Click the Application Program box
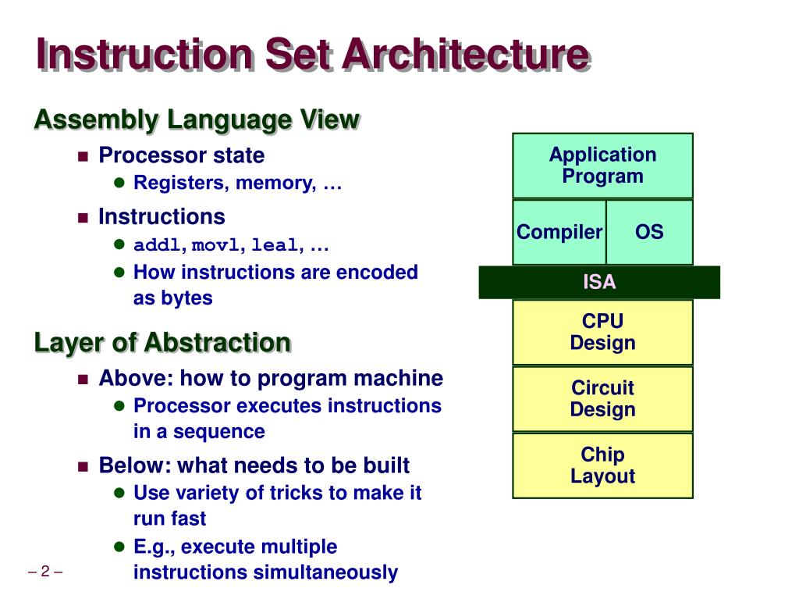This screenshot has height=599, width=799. (602, 166)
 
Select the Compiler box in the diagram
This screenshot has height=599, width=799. (559, 232)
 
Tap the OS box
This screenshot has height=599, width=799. (649, 232)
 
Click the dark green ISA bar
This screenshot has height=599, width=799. (599, 283)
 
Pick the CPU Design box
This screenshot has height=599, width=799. (602, 332)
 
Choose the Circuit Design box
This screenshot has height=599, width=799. (602, 398)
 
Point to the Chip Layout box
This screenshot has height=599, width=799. (602, 465)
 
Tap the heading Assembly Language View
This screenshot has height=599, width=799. (197, 120)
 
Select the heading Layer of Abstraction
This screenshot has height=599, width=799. (162, 343)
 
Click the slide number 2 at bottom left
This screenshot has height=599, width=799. (44, 572)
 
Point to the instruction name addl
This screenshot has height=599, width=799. (157, 246)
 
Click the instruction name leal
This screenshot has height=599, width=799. (275, 246)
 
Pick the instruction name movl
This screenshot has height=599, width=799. (215, 246)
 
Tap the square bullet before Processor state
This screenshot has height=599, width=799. (83, 155)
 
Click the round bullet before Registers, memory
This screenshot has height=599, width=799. (119, 184)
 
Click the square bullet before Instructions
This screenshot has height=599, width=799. (83, 217)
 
